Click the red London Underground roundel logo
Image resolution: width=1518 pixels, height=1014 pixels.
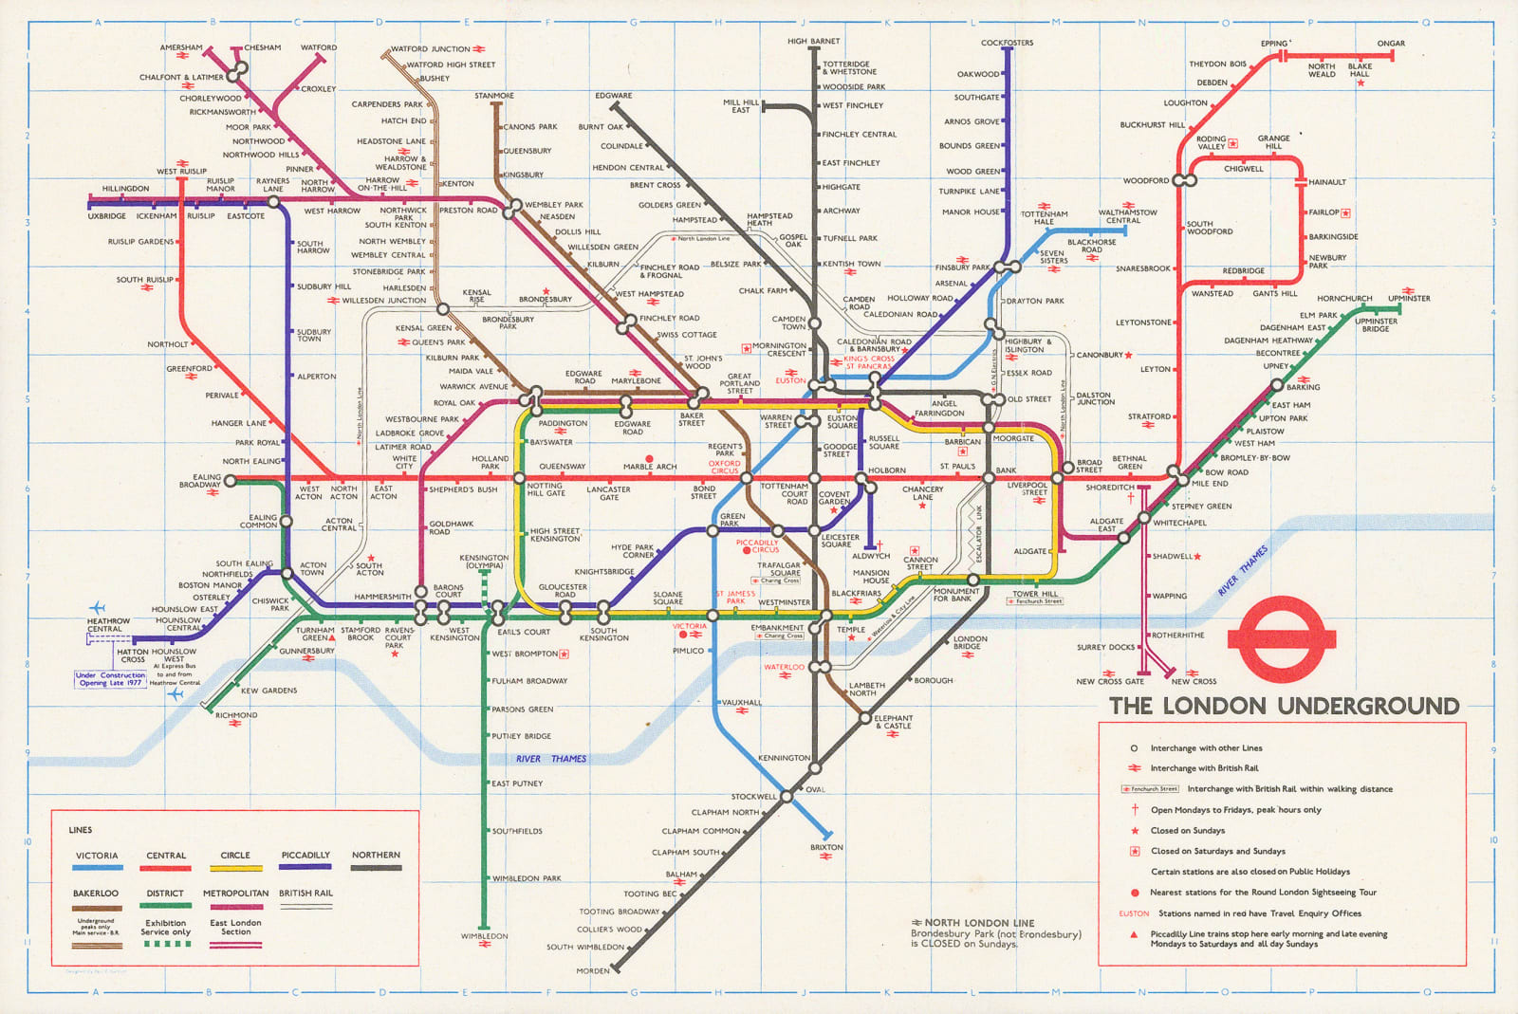[1282, 637]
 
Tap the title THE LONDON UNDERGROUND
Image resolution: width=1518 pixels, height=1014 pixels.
[1284, 706]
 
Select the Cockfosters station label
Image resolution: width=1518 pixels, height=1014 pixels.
[1007, 43]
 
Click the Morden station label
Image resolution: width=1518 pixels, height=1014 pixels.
[593, 970]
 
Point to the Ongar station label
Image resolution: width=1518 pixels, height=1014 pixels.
[1391, 44]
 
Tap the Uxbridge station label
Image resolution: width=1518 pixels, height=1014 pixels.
[106, 216]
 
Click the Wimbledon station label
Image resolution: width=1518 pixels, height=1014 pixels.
[484, 936]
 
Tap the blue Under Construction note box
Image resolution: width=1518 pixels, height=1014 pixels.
[110, 679]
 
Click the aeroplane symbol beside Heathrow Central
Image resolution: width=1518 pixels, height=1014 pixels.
[97, 607]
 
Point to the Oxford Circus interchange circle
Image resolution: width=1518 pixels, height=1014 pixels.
[746, 478]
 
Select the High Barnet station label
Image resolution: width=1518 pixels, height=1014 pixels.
[813, 42]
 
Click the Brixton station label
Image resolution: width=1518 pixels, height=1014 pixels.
[825, 847]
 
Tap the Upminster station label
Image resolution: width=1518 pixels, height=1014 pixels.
[1409, 299]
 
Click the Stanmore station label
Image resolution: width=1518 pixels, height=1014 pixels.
[494, 96]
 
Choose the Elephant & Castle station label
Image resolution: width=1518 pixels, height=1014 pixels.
[893, 722]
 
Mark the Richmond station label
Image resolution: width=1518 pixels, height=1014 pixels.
[235, 715]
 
